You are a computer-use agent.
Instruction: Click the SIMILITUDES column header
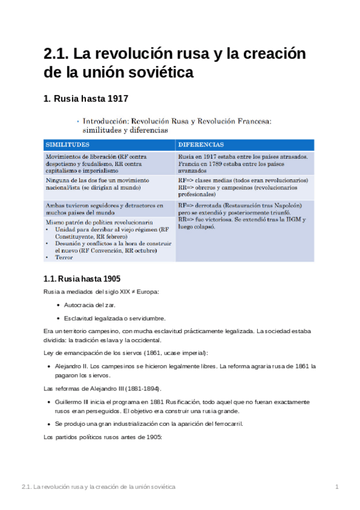click(68, 145)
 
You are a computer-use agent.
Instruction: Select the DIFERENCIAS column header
click(201, 145)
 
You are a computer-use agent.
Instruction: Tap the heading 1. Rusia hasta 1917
click(85, 99)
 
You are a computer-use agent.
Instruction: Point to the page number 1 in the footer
click(337, 486)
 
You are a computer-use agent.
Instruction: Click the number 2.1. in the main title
click(55, 54)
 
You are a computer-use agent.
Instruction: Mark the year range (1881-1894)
click(140, 388)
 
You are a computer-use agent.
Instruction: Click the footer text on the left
click(98, 486)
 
